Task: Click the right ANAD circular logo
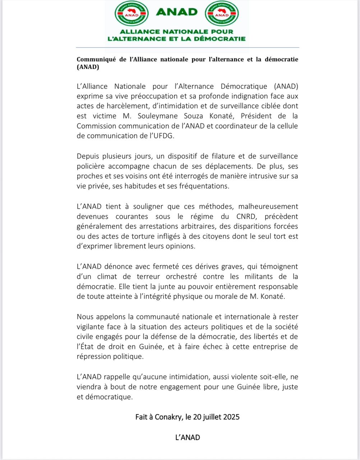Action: [x=222, y=13]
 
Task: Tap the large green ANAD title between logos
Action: [x=177, y=12]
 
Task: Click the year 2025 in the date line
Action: [x=231, y=417]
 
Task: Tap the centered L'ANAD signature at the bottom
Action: [x=188, y=438]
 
